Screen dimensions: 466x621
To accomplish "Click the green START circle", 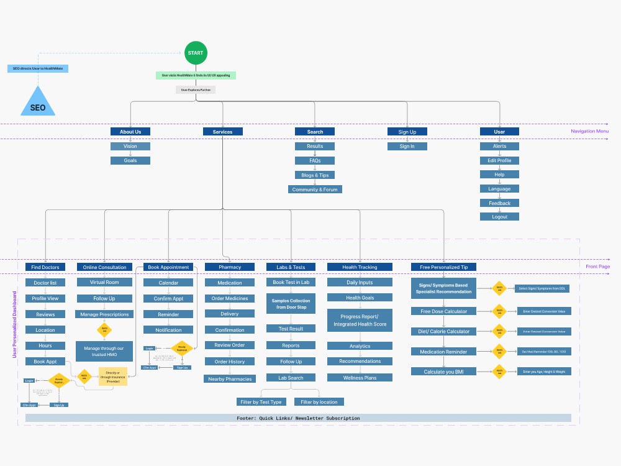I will tap(196, 53).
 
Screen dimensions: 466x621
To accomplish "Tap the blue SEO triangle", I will tap(38, 104).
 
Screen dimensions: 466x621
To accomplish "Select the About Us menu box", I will tap(130, 132).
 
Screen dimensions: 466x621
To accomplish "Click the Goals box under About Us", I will tap(130, 160).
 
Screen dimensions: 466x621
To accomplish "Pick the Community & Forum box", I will tap(315, 190).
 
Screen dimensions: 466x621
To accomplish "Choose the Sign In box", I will tap(407, 147).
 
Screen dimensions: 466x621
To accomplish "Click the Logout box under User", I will tap(499, 217).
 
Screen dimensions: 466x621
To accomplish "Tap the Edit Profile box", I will tap(499, 160).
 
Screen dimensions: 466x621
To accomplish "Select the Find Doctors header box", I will tap(45, 267).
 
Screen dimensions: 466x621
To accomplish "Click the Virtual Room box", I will tap(104, 282).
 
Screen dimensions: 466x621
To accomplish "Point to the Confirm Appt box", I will tap(168, 299).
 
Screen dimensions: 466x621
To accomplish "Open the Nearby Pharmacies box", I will tap(230, 379).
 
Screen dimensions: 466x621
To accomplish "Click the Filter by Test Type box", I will tap(261, 402).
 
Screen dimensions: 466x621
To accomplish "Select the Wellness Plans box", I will tap(360, 378).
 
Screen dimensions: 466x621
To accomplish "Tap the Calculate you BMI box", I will tap(443, 372).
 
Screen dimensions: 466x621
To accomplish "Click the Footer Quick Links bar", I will tap(298, 418).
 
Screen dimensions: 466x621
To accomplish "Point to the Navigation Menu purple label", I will tap(589, 131).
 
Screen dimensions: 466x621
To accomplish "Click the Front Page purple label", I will tap(597, 267).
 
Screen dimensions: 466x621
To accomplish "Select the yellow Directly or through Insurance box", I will tap(113, 377).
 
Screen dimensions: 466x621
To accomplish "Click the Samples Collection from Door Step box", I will tap(291, 304).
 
